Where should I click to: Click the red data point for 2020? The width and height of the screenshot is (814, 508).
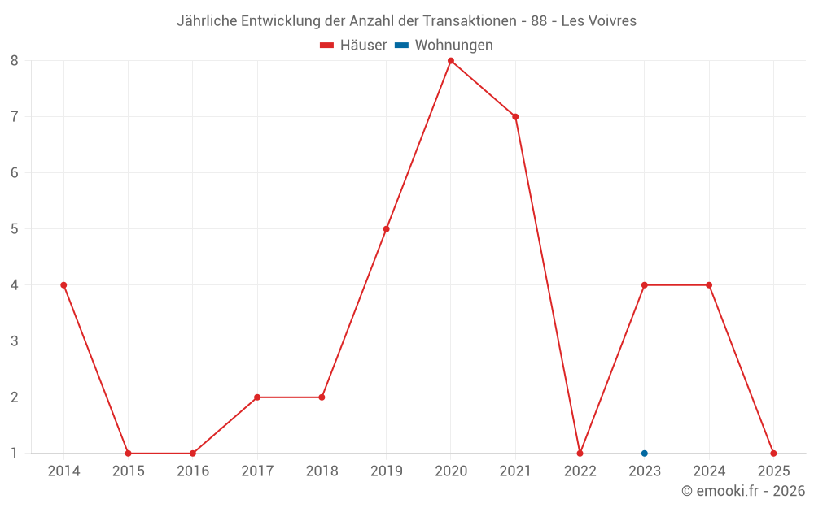click(451, 61)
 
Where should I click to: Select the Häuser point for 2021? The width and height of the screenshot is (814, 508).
click(515, 116)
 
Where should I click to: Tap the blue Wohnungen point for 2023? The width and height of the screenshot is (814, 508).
click(645, 454)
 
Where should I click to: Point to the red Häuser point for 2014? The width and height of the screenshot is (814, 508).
click(63, 285)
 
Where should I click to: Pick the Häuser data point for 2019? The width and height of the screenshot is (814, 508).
click(386, 228)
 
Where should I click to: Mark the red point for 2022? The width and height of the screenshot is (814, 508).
click(580, 454)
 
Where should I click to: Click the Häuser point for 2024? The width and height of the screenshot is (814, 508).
click(709, 285)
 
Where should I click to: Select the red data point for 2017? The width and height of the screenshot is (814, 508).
click(257, 397)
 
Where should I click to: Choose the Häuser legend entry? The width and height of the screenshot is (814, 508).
click(353, 46)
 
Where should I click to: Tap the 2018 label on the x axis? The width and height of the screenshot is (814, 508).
click(322, 471)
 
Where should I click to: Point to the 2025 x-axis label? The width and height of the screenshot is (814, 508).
click(773, 471)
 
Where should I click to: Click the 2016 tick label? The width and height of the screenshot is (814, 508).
click(193, 471)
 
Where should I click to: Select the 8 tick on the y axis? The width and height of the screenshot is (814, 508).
click(15, 61)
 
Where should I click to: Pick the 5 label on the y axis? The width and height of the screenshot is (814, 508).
click(15, 228)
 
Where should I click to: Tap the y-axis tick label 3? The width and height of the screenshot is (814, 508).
click(15, 341)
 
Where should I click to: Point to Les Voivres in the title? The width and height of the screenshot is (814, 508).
click(599, 21)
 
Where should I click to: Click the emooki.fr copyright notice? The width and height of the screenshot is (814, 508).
click(743, 491)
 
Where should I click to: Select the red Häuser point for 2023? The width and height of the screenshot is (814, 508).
click(645, 285)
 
